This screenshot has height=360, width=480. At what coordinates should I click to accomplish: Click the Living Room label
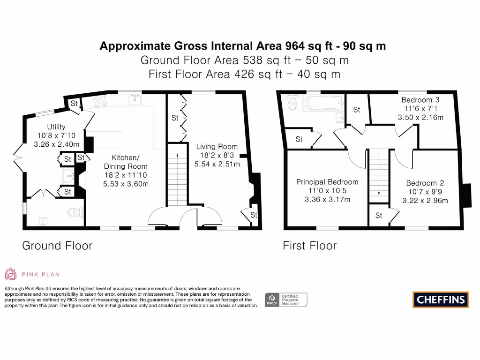pyautogui.click(x=217, y=147)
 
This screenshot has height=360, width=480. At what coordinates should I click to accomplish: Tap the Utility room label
pyautogui.click(x=56, y=127)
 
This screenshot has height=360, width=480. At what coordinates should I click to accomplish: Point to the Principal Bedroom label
pyautogui.click(x=327, y=182)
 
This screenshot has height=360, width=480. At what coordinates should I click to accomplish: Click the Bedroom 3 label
pyautogui.click(x=420, y=100)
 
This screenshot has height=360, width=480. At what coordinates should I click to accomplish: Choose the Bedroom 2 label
pyautogui.click(x=425, y=183)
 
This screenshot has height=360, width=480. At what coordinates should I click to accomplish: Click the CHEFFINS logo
pyautogui.click(x=441, y=300)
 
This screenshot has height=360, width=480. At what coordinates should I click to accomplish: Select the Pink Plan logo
pyautogui.click(x=32, y=274)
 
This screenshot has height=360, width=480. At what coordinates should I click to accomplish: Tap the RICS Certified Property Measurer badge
pyautogui.click(x=286, y=300)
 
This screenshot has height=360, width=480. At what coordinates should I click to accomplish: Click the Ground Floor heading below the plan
pyautogui.click(x=57, y=246)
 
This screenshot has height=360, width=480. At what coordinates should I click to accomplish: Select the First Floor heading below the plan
pyautogui.click(x=309, y=246)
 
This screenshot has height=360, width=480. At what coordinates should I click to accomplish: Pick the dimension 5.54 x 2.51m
pyautogui.click(x=217, y=165)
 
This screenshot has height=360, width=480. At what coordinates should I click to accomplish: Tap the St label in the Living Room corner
pyautogui.click(x=254, y=215)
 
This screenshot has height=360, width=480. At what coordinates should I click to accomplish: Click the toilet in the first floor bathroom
pyautogui.click(x=292, y=104)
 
